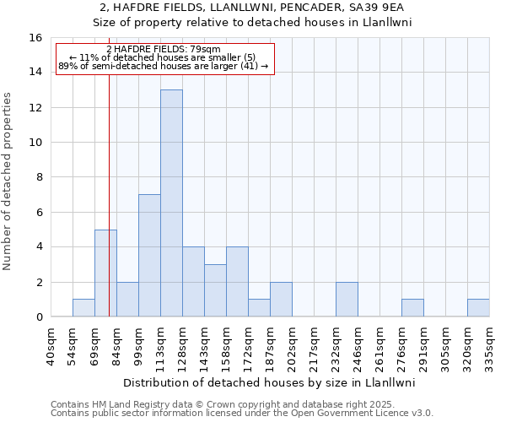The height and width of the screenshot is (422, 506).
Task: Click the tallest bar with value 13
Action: [171, 203]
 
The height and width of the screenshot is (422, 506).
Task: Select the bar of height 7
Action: [149, 256]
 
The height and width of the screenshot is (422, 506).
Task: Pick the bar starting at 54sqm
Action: [83, 308]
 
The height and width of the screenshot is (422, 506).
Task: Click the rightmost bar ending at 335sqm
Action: [478, 308]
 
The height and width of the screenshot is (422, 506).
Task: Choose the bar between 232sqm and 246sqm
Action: [347, 300]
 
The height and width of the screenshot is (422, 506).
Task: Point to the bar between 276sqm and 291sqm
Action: [412, 308]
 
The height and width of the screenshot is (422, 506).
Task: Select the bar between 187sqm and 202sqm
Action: [281, 300]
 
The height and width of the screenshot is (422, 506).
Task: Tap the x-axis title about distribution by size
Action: [270, 382]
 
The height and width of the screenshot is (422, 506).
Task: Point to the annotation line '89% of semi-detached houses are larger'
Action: [164, 66]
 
